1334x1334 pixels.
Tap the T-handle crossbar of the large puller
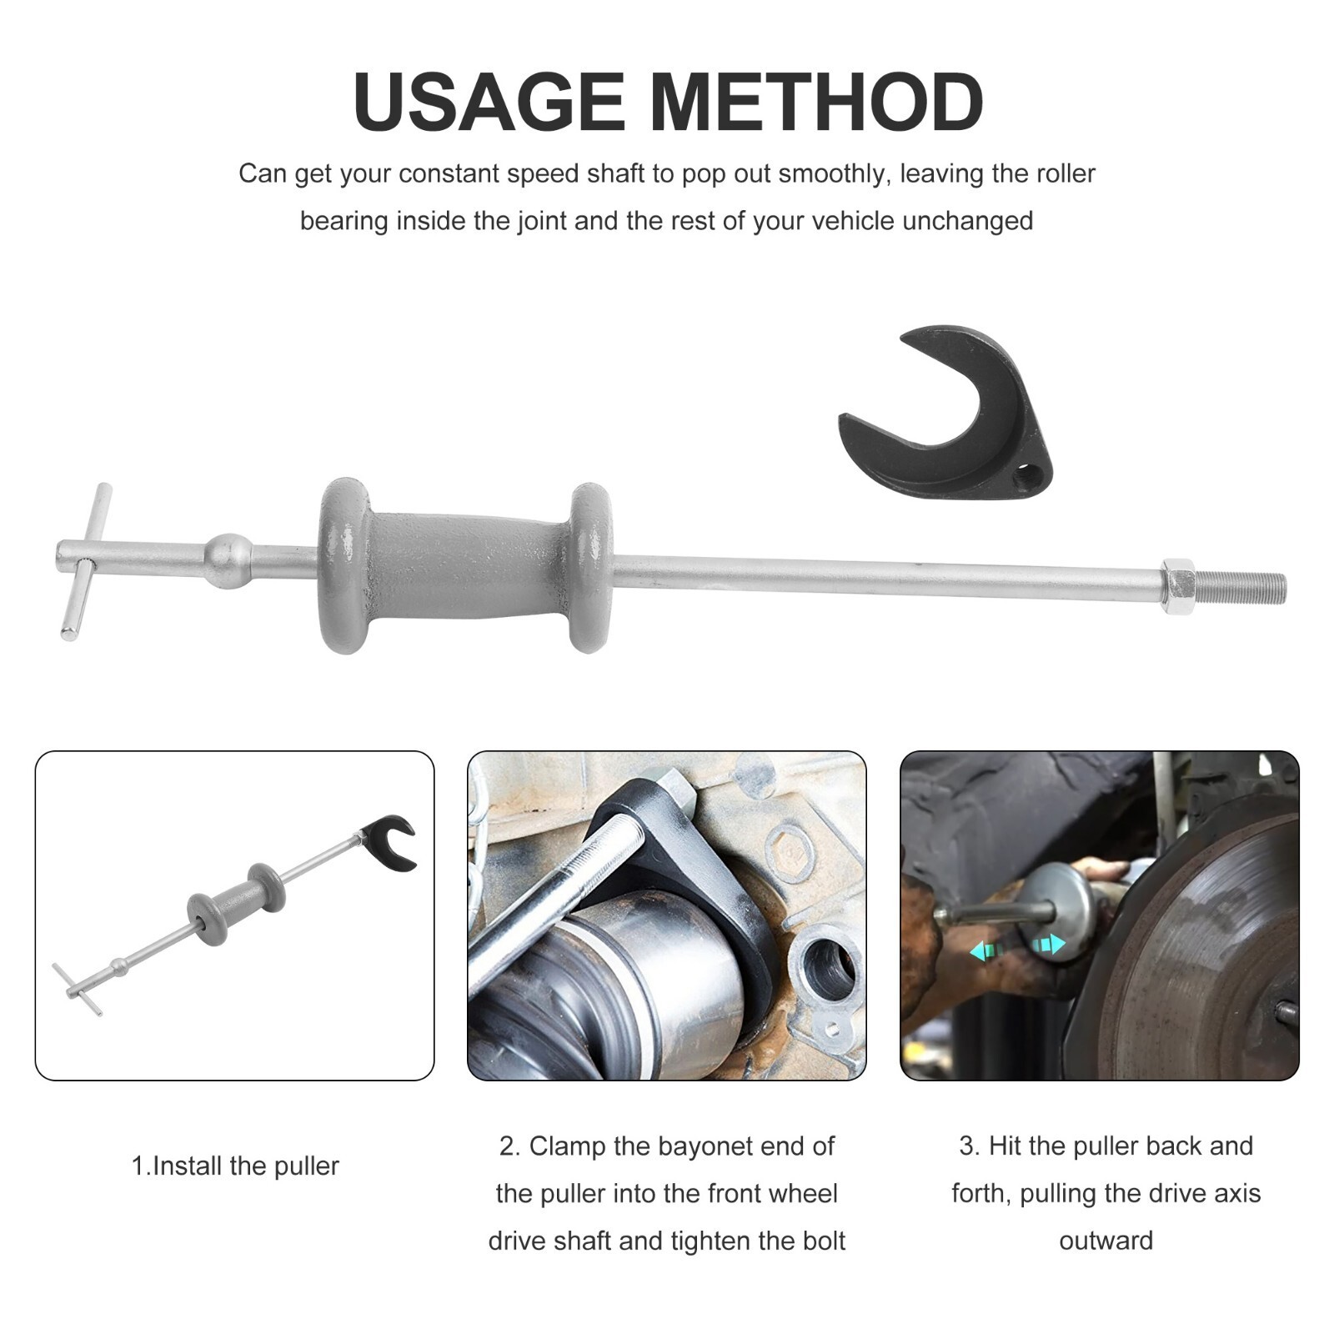tap(85, 561)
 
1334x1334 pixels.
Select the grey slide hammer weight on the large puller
tap(464, 565)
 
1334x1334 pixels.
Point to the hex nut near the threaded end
tap(1176, 585)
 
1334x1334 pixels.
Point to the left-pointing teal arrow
tap(984, 950)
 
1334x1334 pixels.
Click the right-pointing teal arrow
tap(1049, 945)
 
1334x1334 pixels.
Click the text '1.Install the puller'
tap(235, 1166)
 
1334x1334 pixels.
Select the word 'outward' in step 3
tap(1106, 1241)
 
